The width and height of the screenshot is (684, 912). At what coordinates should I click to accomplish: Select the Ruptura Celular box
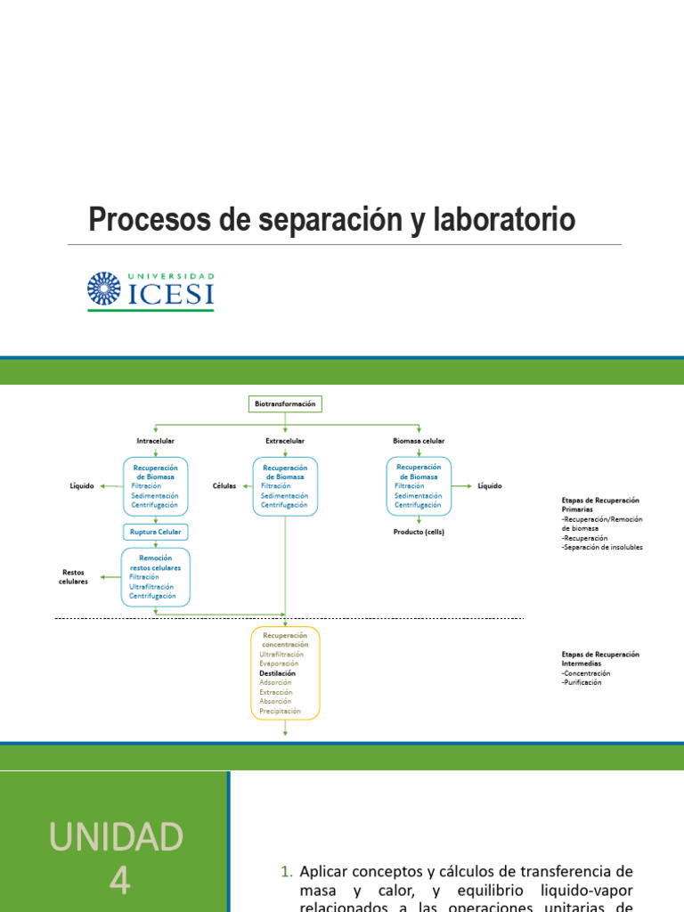click(156, 533)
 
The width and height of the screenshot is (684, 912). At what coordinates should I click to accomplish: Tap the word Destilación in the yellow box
click(277, 673)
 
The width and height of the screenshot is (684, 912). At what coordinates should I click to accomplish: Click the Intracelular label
click(155, 441)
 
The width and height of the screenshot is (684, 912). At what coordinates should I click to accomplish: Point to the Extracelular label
click(285, 441)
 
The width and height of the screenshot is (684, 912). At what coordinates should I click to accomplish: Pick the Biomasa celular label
click(419, 441)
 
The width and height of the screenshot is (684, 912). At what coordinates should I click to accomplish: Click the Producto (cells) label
click(419, 532)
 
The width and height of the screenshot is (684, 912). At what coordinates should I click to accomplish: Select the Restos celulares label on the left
click(75, 577)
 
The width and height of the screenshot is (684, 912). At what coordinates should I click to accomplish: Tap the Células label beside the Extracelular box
click(224, 486)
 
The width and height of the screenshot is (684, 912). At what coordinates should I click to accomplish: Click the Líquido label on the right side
click(489, 486)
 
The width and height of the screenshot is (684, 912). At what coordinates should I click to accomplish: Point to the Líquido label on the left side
click(82, 486)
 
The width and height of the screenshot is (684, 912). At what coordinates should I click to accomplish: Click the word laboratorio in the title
click(504, 219)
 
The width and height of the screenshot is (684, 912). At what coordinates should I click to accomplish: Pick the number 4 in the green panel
click(118, 881)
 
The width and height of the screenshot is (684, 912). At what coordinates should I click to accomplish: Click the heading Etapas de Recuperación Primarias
click(600, 506)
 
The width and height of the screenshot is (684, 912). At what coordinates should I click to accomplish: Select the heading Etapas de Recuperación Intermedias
click(600, 659)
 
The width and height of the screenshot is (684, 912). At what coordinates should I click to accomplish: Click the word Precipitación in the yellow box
click(280, 712)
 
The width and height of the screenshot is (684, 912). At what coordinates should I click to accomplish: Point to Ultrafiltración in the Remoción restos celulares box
click(151, 587)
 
